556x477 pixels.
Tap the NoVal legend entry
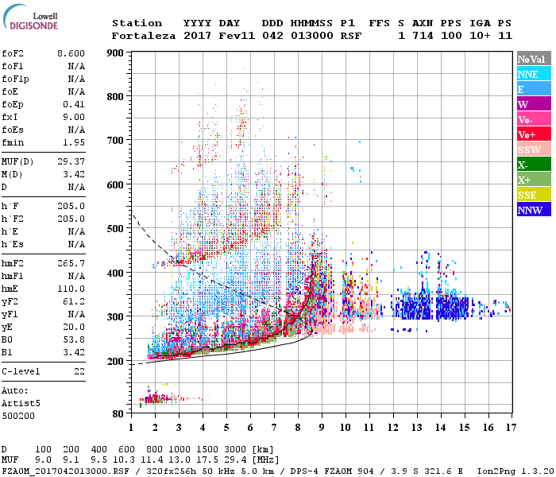tap(533, 59)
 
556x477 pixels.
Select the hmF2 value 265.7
tap(73, 262)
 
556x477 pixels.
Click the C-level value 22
tap(79, 371)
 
